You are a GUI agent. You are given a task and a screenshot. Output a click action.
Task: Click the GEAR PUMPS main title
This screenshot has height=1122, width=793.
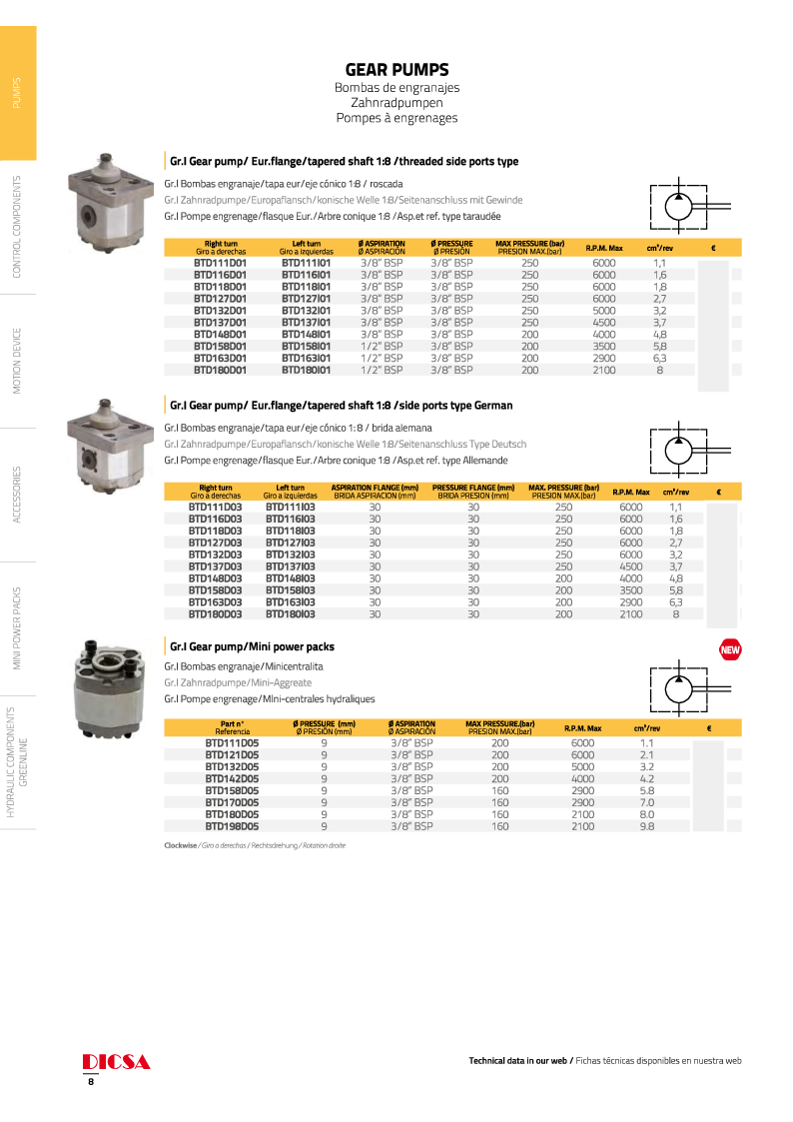396,70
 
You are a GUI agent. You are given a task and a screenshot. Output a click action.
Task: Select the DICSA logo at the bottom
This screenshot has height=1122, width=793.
116,1061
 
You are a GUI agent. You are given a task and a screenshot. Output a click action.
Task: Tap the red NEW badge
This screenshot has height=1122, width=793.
729,651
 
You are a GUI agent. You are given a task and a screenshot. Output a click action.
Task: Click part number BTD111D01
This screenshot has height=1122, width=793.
220,262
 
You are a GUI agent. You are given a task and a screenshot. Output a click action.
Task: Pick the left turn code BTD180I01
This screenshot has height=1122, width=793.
306,370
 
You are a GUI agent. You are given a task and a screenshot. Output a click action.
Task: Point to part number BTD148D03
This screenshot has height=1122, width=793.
215,578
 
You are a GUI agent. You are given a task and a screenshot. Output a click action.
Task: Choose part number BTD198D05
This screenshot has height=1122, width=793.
232,826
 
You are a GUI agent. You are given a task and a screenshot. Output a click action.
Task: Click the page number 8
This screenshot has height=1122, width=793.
91,1082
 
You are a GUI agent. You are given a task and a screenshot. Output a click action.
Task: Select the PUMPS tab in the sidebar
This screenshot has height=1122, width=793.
17,92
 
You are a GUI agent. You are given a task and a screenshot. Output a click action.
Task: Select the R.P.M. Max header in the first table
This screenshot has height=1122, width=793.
604,248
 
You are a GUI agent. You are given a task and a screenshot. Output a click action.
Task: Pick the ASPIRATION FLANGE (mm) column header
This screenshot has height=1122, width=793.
374,491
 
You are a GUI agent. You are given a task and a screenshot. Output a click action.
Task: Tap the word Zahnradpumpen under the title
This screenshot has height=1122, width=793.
396,103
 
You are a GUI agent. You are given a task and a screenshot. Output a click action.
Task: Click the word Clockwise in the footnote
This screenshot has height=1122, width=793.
180,845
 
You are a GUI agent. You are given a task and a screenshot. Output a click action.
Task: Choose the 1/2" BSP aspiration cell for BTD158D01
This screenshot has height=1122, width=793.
382,346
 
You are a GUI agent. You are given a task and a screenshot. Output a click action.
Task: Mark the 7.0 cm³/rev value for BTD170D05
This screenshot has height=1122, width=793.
645,802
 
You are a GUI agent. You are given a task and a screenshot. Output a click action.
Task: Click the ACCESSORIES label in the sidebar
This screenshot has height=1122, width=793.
17,494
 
